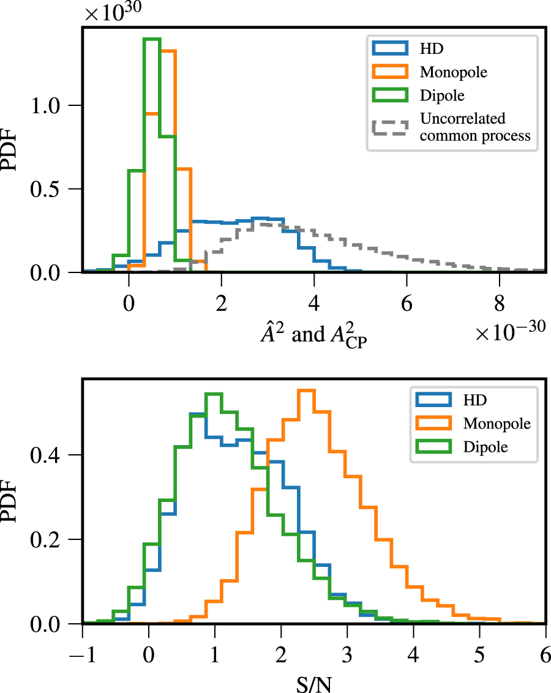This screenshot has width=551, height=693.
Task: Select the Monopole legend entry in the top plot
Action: [x=453, y=72]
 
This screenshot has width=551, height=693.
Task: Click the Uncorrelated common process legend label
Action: [x=474, y=127]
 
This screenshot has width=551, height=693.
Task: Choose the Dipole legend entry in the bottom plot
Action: [x=485, y=448]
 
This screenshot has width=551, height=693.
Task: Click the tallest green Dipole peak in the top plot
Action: [x=152, y=39]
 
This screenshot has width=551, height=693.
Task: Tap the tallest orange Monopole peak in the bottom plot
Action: [x=305, y=391]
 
